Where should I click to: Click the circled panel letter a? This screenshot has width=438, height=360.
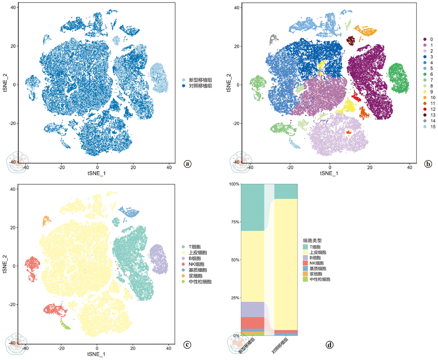coord(187,164)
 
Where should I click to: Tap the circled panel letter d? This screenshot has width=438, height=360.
coord(329,345)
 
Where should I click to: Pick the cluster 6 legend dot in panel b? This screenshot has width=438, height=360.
coord(425,74)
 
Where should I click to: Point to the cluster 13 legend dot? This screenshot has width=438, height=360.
coord(425,115)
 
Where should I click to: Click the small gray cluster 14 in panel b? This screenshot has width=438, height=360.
coord(273,39)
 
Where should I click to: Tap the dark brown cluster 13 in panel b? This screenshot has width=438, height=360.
coord(351,41)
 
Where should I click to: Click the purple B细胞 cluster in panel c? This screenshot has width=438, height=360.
coord(158,259)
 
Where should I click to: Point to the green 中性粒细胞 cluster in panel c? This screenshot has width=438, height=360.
coord(65,325)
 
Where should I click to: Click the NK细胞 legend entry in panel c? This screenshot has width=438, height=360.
coord(196,264)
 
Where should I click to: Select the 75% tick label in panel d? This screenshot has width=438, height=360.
coord(234,222)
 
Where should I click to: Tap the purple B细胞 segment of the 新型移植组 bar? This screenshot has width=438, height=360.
coord(252,309)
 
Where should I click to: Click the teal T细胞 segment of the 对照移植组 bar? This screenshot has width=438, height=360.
coord(286,191)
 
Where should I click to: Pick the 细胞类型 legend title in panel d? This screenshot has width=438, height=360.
coord(312,241)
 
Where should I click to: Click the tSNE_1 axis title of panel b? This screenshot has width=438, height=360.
coord(329,173)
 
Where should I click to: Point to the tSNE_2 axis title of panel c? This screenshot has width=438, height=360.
coord(5,264)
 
